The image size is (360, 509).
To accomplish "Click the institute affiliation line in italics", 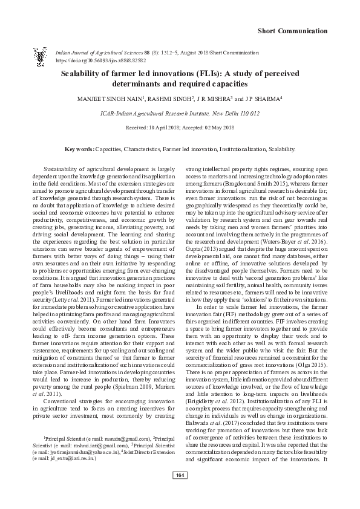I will [x=180, y=112].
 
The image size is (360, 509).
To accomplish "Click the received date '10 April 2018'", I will [x=161, y=128].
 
